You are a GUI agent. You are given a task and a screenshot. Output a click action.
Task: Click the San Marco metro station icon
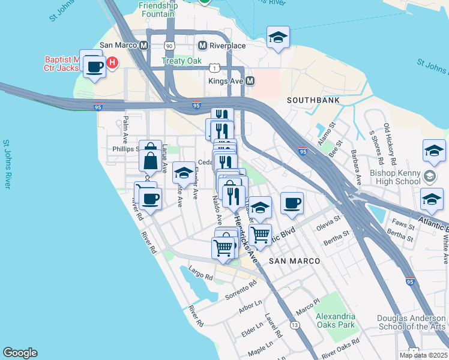pos(143,45)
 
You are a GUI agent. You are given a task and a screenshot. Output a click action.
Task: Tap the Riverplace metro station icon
pos(202,45)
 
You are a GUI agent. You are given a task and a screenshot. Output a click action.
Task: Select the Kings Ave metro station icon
pos(250,80)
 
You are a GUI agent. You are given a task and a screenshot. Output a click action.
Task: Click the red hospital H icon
pos(112,62)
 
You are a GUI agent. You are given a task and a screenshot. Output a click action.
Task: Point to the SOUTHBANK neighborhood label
pos(313,100)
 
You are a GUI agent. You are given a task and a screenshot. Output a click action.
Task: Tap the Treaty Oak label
pos(182,61)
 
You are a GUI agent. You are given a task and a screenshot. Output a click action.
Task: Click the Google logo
pos(20,353)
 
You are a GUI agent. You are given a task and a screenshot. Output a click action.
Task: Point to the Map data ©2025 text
pos(423,355)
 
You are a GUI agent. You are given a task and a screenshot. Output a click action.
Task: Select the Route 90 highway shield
pos(170,46)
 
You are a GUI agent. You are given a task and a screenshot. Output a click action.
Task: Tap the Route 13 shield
pos(295,325)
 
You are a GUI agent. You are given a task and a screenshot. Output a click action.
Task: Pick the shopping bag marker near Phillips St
pos(149,160)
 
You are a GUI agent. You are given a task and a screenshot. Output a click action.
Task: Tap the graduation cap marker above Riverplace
pos(278,38)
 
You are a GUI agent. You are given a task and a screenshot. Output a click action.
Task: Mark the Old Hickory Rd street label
pos(390,145)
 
